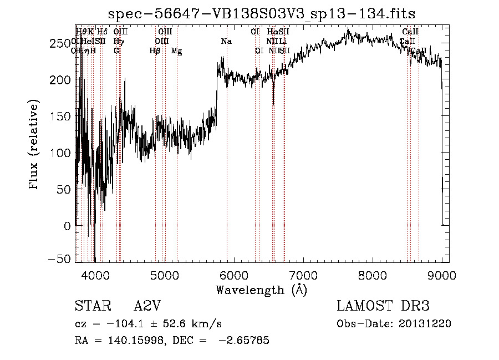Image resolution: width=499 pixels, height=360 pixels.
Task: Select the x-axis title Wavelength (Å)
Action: tap(261, 290)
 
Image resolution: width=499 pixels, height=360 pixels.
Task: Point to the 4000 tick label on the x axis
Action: tap(95, 274)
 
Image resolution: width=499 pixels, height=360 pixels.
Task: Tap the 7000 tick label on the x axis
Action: tap(303, 274)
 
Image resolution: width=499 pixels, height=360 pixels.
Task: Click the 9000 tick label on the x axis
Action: tap(441, 274)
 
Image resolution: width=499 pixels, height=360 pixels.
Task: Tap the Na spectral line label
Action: tap(226, 42)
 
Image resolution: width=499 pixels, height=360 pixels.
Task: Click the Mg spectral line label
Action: tap(176, 51)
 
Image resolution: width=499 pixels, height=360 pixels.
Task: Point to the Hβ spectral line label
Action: tap(155, 51)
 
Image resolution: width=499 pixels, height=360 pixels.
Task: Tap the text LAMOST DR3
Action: tap(383, 307)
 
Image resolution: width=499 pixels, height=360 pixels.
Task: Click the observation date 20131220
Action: tap(426, 324)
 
